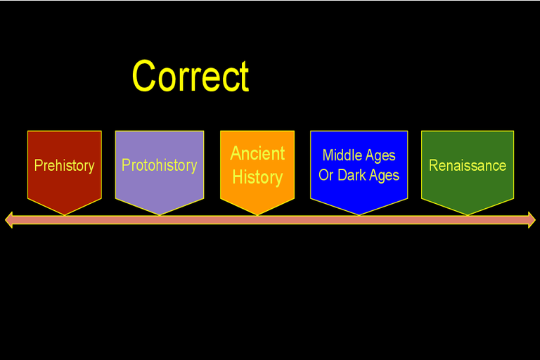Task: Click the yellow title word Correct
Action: tap(191, 76)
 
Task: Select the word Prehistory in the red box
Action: tap(65, 166)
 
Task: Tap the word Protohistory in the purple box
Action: tap(160, 165)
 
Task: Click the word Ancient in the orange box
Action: tap(257, 153)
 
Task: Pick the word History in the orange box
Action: tap(257, 177)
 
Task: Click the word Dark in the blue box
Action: tap(352, 175)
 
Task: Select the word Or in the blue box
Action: tap(326, 175)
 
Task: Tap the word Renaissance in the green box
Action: tap(468, 165)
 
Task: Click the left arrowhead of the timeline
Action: tap(9, 220)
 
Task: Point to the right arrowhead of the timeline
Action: tap(532, 220)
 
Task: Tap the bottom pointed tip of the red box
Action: tap(65, 215)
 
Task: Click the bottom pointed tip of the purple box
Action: tap(160, 215)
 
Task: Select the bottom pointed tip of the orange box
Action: tap(257, 215)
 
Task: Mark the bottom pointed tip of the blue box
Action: tap(359, 215)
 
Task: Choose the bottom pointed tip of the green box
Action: tap(468, 215)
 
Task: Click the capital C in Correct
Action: tap(143, 76)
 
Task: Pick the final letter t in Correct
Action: tap(244, 77)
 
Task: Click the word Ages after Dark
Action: tap(385, 176)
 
